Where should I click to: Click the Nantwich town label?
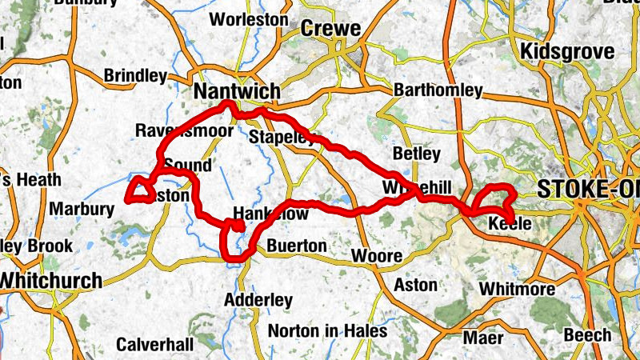[x=237, y=93]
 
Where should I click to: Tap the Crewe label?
[x=331, y=30]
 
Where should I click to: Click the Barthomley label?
[x=438, y=90]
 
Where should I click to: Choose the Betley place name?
[x=416, y=153]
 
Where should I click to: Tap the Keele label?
[x=510, y=223]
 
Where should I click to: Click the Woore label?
[x=376, y=257]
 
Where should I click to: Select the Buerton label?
[x=297, y=245]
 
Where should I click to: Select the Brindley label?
[x=135, y=76]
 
